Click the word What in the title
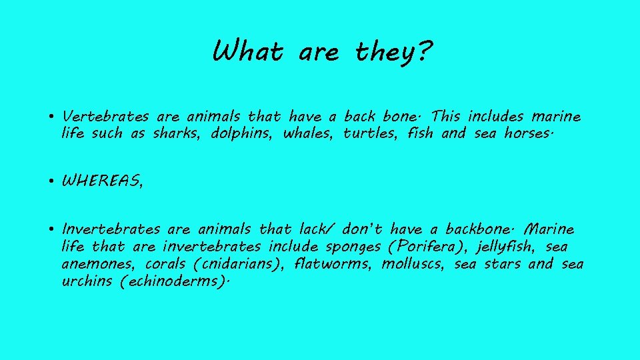[247, 51]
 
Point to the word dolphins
[242, 133]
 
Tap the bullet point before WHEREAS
[51, 181]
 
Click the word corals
[167, 264]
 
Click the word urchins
[87, 281]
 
